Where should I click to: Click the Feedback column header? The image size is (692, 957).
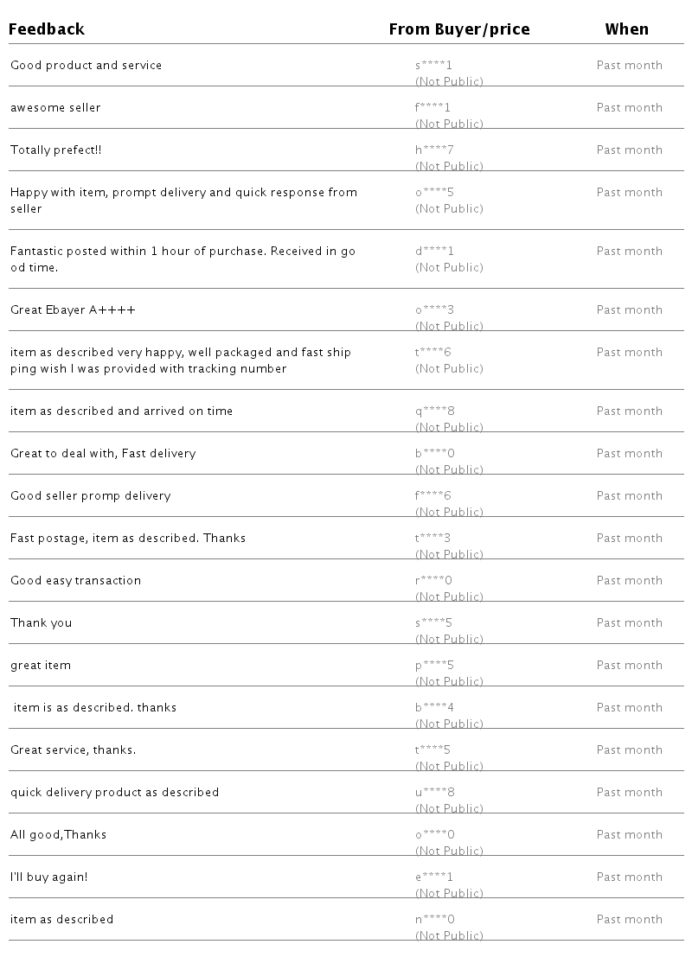47,29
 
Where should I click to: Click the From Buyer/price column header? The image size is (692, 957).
458,29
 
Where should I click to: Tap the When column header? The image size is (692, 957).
626,29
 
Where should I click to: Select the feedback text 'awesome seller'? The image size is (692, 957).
55,108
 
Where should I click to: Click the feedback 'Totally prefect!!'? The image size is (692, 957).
55,150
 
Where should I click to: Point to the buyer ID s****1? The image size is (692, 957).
433,66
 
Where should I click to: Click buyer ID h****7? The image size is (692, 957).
434,150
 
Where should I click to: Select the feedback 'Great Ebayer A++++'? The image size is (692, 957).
73,310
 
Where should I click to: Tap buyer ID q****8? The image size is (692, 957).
434,412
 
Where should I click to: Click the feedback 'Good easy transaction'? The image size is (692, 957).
75,581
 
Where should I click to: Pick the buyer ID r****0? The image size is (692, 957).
433,581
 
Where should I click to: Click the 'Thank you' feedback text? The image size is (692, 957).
41,623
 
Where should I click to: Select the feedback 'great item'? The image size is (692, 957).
41,666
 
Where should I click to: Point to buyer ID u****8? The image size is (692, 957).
434,793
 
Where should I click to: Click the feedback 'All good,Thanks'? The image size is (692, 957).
58,835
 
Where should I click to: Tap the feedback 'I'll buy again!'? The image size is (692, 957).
48,877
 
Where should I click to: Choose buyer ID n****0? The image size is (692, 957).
434,920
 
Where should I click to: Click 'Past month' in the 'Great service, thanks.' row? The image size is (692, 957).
629,750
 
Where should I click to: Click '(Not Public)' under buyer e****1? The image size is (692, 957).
449,893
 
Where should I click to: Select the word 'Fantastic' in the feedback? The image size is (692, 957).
37,252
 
